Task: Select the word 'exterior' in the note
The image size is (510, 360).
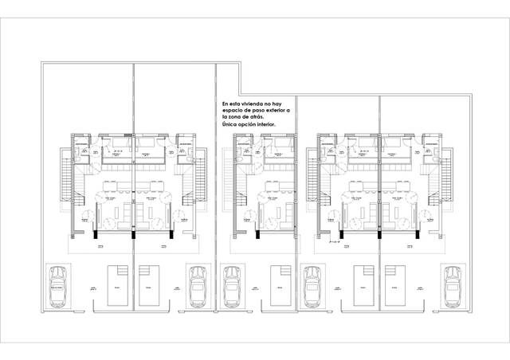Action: (x=276, y=110)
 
